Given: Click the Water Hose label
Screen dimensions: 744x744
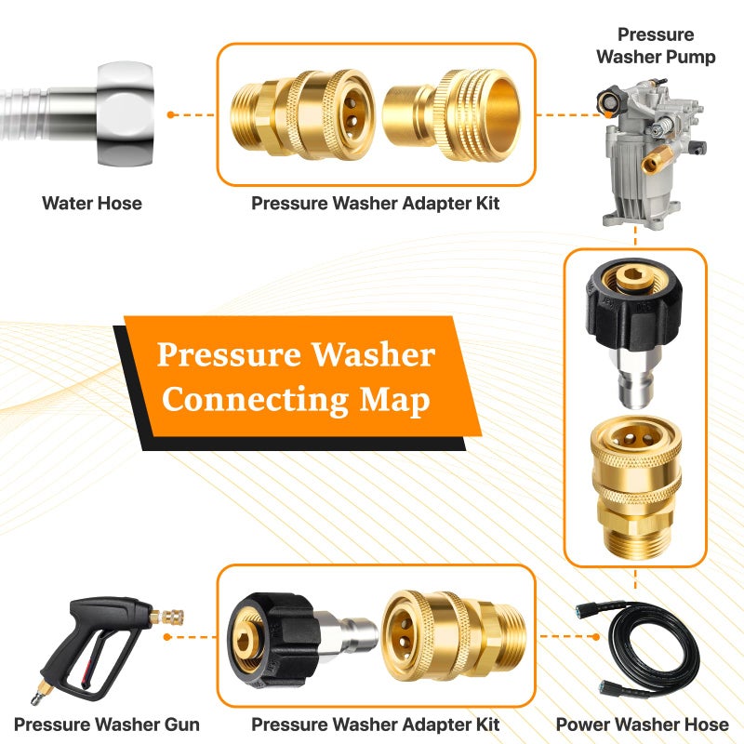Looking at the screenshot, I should (92, 203).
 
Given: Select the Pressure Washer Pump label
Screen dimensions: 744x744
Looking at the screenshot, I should (656, 46).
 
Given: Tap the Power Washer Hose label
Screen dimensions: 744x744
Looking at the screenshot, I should (643, 724).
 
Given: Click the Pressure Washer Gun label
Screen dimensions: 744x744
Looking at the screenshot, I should (107, 724).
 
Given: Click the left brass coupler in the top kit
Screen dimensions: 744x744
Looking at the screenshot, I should (306, 113).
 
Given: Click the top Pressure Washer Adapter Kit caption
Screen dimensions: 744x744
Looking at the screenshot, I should (376, 203).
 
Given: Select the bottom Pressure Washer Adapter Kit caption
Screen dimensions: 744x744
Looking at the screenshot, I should (376, 724).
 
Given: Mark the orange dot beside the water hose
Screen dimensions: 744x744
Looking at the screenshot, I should (172, 114).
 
